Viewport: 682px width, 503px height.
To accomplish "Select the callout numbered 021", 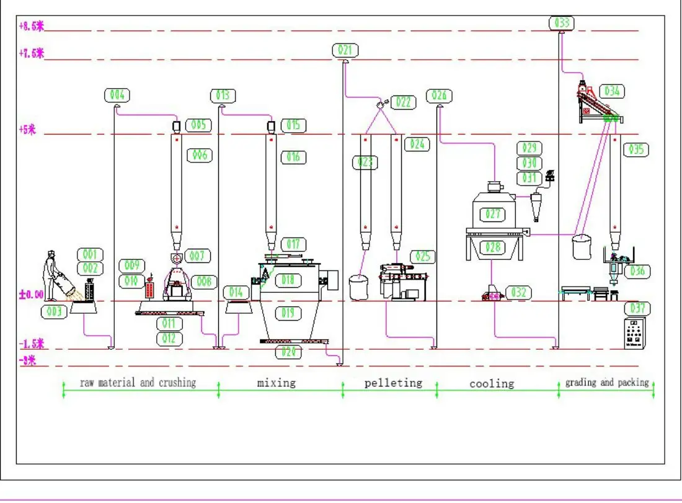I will pos(345,50).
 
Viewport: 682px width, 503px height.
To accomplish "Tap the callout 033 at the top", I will pos(562,24).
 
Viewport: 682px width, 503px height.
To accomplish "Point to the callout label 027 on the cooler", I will pos(493,214).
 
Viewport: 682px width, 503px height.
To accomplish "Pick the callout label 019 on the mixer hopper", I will pos(288,313).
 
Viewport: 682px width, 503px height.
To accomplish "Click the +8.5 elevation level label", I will pos(32,26).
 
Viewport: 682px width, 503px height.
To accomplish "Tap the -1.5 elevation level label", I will pos(31,344).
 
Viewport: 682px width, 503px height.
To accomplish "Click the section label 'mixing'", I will pos(277,383).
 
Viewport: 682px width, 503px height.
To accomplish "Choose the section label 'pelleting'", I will pos(393,383).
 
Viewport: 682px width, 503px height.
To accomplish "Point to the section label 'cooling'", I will pos(492,383).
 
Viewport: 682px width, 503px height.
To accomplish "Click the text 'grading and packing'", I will pos(607,383).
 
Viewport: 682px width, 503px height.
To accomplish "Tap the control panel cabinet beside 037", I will pos(634,335).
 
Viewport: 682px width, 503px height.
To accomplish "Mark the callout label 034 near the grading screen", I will pos(611,91).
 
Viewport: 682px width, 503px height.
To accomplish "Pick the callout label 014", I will pos(236,292).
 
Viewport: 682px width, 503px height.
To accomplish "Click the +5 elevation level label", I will pos(28,130).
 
